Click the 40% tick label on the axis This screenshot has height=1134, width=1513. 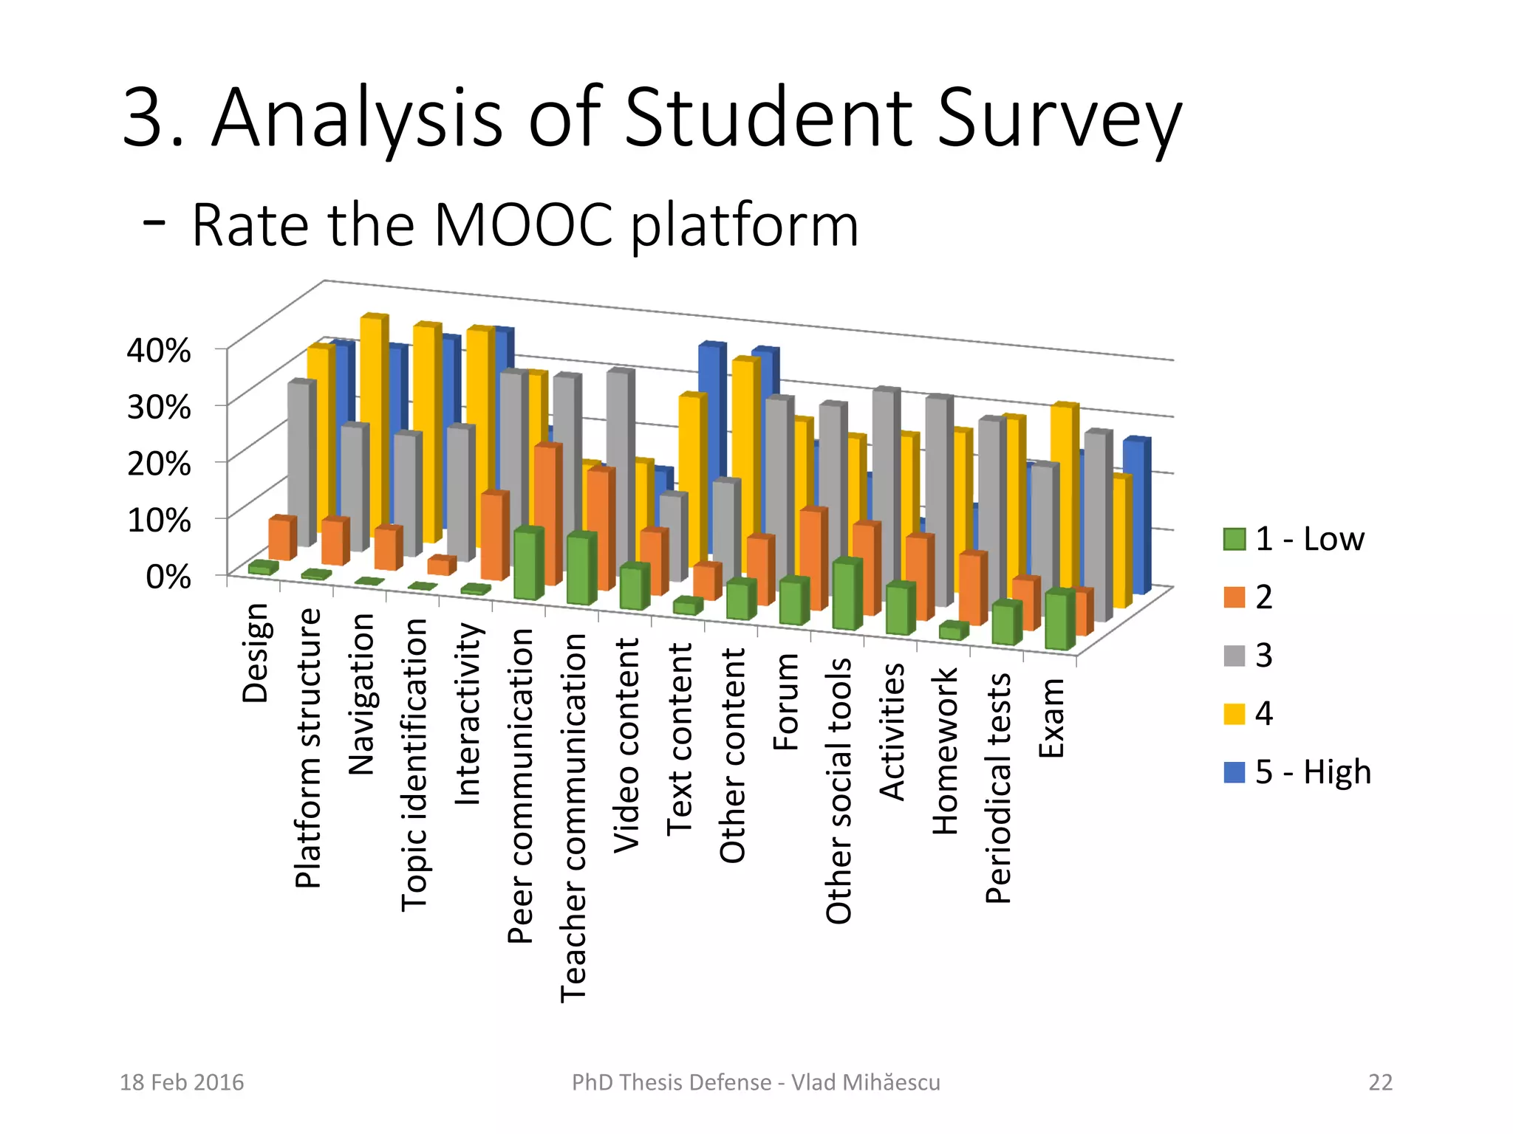159,350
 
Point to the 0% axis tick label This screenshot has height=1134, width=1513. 168,577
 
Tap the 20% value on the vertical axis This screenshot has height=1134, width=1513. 159,464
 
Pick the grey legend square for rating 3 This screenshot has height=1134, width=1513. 1234,656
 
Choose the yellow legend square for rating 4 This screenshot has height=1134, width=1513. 1234,714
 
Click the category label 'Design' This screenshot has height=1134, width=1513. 256,653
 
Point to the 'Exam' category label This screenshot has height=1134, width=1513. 1052,718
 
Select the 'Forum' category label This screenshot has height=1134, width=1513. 786,702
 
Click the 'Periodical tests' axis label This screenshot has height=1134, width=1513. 998,788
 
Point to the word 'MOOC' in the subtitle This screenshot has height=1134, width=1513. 523,224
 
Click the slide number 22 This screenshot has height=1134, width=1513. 1380,1082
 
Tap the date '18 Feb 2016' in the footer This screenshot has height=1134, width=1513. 182,1082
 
